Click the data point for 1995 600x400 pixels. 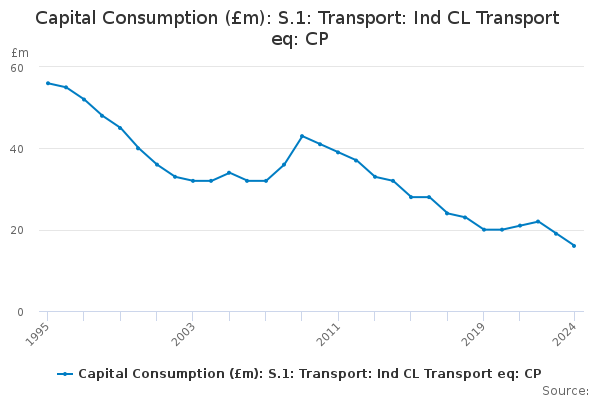pyautogui.click(x=47, y=83)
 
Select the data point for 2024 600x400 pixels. pyautogui.click(x=574, y=246)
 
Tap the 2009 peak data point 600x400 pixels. pyautogui.click(x=302, y=136)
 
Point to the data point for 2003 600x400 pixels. pyautogui.click(x=192, y=181)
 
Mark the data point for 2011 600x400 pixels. pyautogui.click(x=338, y=152)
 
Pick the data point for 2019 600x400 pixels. pyautogui.click(x=484, y=230)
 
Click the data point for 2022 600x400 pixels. pyautogui.click(x=538, y=221)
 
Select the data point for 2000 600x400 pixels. pyautogui.click(x=138, y=148)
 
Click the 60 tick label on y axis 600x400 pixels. pyautogui.click(x=17, y=67)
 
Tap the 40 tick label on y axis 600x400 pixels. pyautogui.click(x=17, y=149)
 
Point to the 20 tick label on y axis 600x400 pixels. pyautogui.click(x=17, y=230)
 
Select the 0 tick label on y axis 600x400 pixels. pyautogui.click(x=20, y=312)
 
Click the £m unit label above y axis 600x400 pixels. pyautogui.click(x=19, y=52)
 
